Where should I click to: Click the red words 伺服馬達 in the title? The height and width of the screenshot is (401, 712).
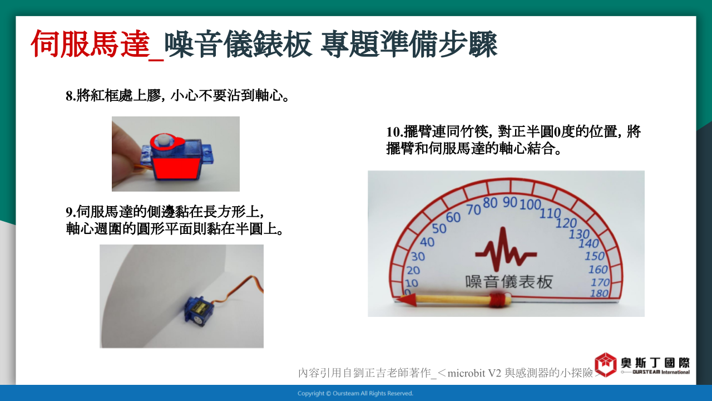[90, 44]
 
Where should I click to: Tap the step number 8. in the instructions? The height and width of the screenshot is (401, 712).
[71, 96]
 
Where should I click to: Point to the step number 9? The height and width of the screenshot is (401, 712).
[71, 212]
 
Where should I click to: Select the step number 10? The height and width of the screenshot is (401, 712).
[394, 132]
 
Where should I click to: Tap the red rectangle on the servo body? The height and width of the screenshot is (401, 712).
[176, 168]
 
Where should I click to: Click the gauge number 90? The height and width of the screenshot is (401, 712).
[510, 202]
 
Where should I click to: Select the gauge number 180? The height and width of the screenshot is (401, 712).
[599, 293]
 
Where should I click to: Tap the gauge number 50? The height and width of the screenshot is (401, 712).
[439, 228]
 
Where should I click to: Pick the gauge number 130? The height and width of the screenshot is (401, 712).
[579, 234]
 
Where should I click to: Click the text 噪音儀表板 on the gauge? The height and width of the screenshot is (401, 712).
[509, 282]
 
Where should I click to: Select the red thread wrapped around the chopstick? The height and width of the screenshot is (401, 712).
[498, 300]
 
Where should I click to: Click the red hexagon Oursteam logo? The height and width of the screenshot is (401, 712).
[606, 365]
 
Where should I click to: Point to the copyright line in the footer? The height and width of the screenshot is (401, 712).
[355, 393]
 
